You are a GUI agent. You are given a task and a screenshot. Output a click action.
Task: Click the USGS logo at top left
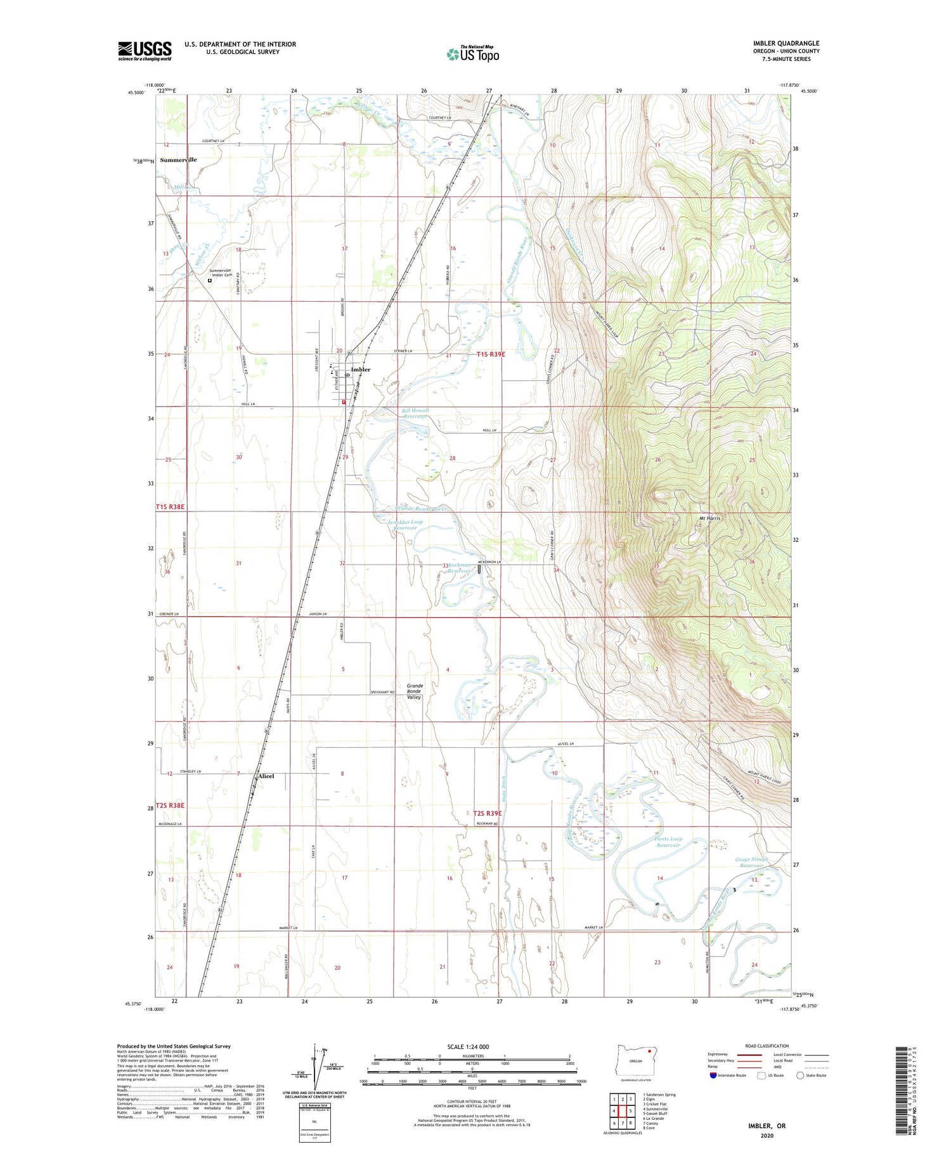pos(145,51)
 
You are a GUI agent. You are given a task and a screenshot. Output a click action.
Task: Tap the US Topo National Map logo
pos(472,54)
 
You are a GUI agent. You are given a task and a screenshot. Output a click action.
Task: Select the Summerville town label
pos(178,160)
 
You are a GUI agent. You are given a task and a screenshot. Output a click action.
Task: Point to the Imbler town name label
pos(360,369)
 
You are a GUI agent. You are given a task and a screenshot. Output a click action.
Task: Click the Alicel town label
pos(266,776)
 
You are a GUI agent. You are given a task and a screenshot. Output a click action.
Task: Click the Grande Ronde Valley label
pos(415,691)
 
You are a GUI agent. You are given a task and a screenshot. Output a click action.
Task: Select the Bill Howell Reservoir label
pos(415,414)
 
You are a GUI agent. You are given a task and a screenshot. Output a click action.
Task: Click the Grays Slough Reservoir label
pos(751,863)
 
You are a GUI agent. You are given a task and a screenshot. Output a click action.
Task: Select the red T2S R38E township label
pos(170,806)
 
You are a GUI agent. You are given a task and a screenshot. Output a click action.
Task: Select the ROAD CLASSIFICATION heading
pos(767,1046)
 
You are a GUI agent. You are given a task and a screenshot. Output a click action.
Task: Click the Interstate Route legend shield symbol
pos(713,1075)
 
